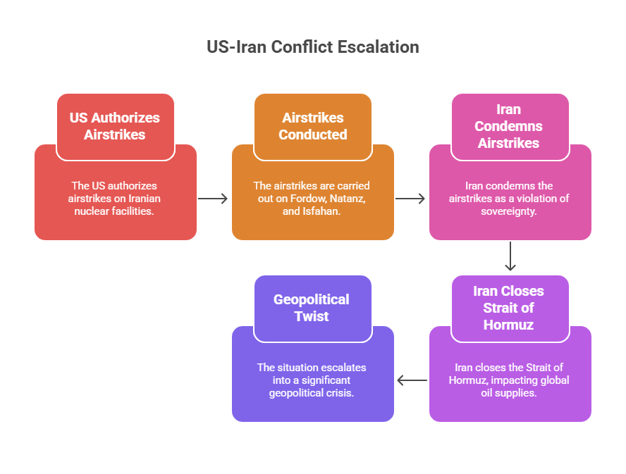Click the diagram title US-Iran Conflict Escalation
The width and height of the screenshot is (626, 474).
[313, 47]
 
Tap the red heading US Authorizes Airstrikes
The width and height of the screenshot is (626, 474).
[115, 126]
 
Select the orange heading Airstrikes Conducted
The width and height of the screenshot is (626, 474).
[313, 126]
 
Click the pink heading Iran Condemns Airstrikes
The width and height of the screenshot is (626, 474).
[509, 126]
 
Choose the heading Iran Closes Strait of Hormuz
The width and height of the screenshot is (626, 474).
[509, 308]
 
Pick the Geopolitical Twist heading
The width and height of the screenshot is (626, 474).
[312, 308]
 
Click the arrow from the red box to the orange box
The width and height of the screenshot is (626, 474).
[213, 199]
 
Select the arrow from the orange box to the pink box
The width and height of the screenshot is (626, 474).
[410, 199]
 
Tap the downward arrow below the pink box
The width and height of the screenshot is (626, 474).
[510, 256]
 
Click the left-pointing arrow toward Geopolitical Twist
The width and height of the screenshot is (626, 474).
[412, 380]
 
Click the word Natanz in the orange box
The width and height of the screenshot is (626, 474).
[348, 199]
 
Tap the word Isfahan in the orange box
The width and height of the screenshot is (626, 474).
[321, 211]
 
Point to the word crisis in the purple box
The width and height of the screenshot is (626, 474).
[340, 393]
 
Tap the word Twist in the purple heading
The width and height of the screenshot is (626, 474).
[312, 316]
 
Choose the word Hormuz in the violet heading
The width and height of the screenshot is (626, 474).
[509, 325]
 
